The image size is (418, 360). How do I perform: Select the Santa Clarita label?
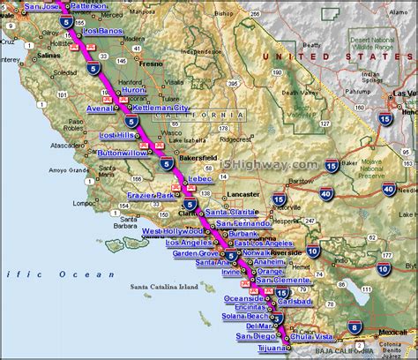[231, 213]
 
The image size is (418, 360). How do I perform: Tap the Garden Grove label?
[196, 252]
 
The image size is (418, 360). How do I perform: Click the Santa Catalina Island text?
[164, 287]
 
